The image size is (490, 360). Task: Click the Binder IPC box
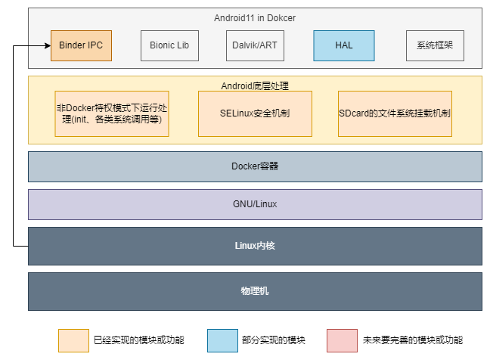[x=81, y=45]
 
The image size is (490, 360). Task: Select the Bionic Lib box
[x=169, y=45]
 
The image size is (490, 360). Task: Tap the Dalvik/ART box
[x=255, y=45]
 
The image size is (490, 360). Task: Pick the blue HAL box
[x=344, y=45]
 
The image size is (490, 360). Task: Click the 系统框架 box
[x=435, y=45]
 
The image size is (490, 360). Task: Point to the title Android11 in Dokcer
[x=255, y=18]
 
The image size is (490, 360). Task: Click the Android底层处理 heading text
[x=255, y=86]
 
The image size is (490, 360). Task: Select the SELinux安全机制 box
[x=255, y=113]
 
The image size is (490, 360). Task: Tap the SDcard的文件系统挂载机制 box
[x=395, y=113]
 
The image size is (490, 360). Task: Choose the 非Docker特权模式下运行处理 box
[x=112, y=113]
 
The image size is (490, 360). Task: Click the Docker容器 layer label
[x=255, y=166]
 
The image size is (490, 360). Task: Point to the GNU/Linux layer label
[x=255, y=204]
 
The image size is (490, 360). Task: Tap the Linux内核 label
[x=255, y=246]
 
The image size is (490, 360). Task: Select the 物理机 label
[x=255, y=291]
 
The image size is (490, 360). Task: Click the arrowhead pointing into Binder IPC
[x=48, y=46]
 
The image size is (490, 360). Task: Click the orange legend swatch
[x=74, y=340]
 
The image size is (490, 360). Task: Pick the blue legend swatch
[x=222, y=340]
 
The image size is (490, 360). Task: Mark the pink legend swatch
[x=343, y=340]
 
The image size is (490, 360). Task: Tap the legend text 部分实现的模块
[x=274, y=340]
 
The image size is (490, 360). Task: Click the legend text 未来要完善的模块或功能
[x=413, y=340]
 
